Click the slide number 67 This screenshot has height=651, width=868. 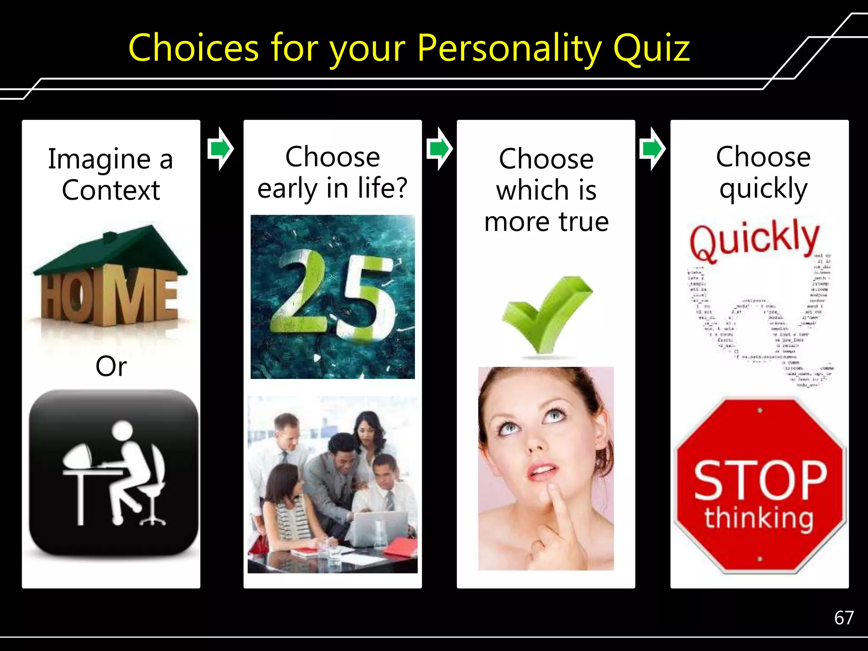pyautogui.click(x=844, y=618)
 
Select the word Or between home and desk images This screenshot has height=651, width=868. pyautogui.click(x=111, y=366)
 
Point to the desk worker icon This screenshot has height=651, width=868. pyautogui.click(x=114, y=473)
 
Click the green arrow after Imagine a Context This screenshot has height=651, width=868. pyautogui.click(x=220, y=149)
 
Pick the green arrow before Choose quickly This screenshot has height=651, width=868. pyautogui.click(x=652, y=149)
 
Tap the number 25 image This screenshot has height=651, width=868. pyautogui.click(x=333, y=297)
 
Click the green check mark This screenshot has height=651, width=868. pyautogui.click(x=547, y=314)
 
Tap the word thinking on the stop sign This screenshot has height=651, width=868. pyautogui.click(x=759, y=518)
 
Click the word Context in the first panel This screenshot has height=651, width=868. pyautogui.click(x=111, y=190)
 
